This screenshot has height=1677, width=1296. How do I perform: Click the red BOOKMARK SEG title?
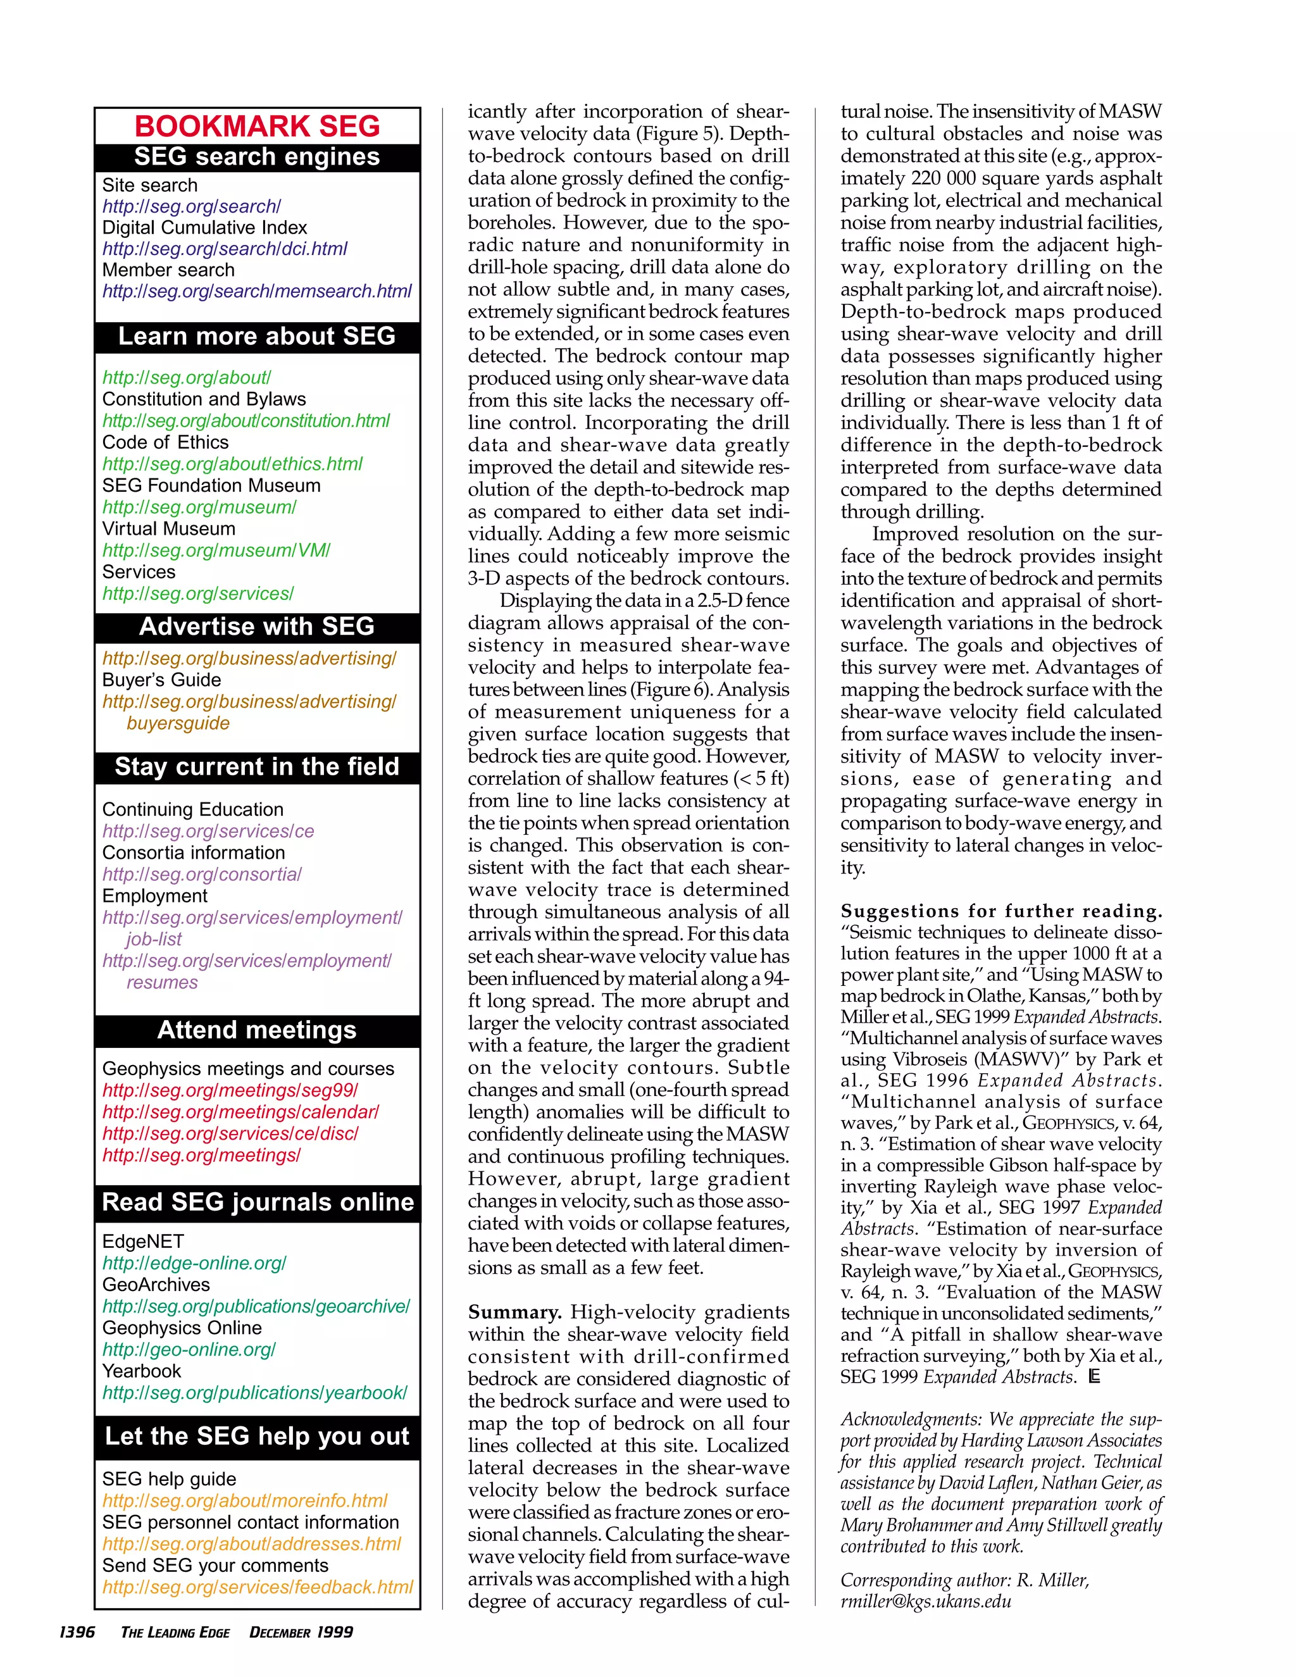coord(257,126)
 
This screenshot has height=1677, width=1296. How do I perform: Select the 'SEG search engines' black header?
coord(257,157)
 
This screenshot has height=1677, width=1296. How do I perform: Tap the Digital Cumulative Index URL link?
coord(224,249)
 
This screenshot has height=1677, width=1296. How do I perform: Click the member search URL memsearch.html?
coord(256,291)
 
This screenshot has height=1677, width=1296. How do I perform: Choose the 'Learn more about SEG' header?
coord(257,336)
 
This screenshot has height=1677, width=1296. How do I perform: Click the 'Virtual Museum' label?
coord(168,528)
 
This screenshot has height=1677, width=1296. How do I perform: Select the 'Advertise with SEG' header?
coord(257,627)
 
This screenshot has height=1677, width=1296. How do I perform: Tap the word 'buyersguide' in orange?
coord(178,723)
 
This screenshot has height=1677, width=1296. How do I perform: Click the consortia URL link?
coord(201,874)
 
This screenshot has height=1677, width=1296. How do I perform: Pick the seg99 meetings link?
coord(230,1090)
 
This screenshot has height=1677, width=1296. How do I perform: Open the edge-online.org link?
coord(194,1263)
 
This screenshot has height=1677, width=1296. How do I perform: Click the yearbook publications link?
coord(254,1393)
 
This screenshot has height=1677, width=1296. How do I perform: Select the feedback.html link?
coord(257,1587)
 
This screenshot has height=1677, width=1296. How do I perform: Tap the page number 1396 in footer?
coord(77,1631)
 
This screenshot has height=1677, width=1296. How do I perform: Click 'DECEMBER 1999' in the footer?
coord(301,1631)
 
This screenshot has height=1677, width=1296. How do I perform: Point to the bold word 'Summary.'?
coord(514,1312)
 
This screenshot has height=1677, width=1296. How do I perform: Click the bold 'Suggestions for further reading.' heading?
coord(1000,911)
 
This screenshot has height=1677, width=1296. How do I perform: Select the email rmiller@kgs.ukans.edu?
coord(925,1602)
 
